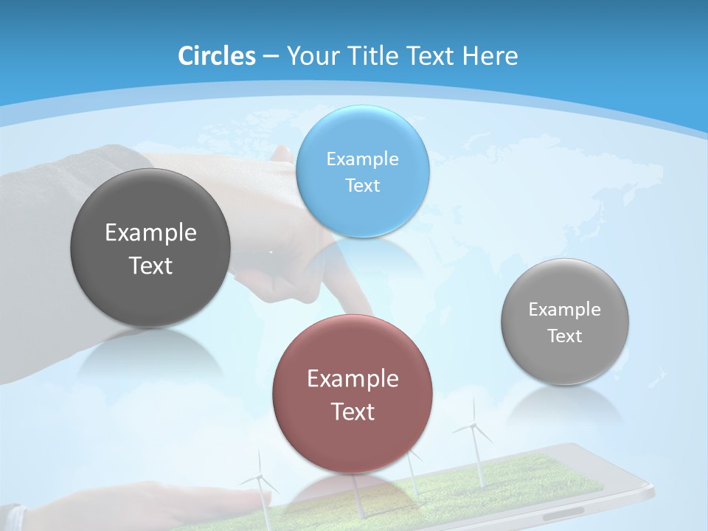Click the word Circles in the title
coord(216,56)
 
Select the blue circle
coord(362,171)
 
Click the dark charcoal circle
coord(150,248)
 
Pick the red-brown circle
coord(353,394)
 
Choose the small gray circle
coord(565,322)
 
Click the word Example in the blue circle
coord(362,159)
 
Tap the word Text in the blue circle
coord(362,185)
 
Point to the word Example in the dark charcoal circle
coord(150,232)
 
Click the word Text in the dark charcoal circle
coord(150,265)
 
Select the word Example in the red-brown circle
coord(353,378)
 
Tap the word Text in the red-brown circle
coord(353,412)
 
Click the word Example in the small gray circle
coord(565,309)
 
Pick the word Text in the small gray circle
coord(565,336)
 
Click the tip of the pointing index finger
coord(367,311)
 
